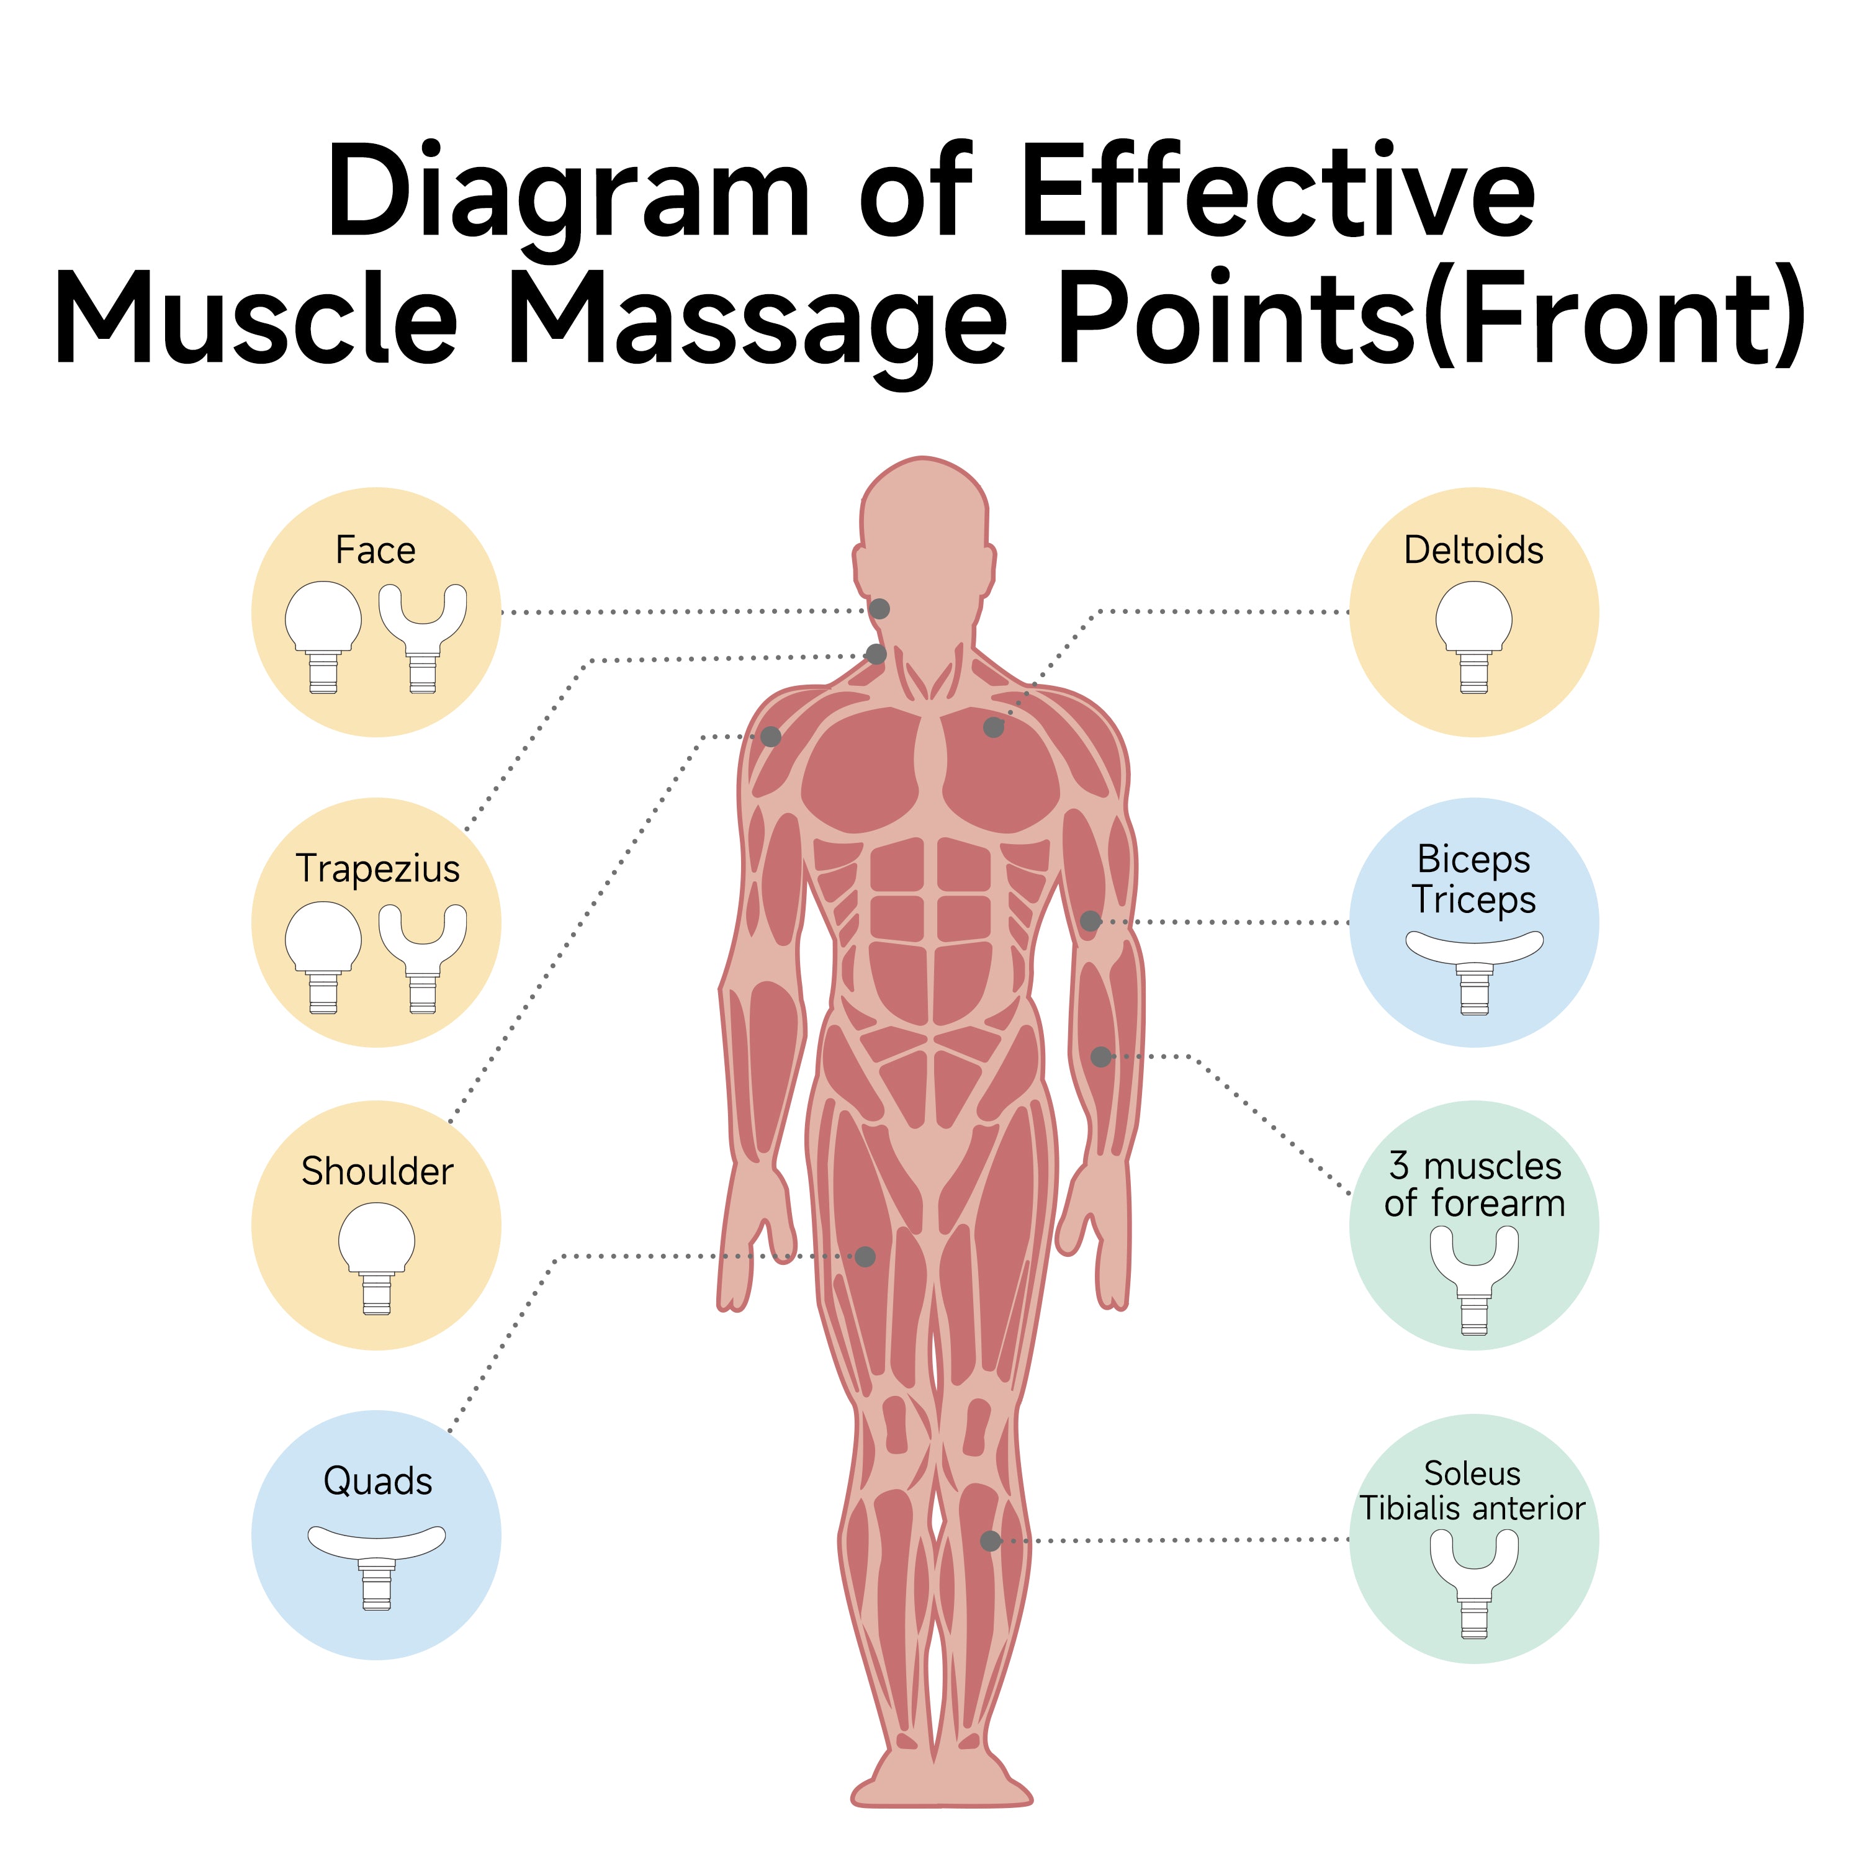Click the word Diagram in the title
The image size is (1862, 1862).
click(567, 193)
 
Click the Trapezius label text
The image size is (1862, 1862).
click(378, 868)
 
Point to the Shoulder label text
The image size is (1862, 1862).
click(377, 1171)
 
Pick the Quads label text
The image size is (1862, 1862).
click(377, 1480)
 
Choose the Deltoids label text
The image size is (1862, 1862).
click(1473, 551)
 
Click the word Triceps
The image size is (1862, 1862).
click(1473, 899)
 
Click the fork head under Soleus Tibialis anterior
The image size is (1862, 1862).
click(1473, 1581)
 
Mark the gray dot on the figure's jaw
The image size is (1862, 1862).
click(879, 609)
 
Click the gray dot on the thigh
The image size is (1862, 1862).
click(865, 1257)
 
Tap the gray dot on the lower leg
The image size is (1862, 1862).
click(990, 1541)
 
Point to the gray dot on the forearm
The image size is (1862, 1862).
click(1100, 1056)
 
